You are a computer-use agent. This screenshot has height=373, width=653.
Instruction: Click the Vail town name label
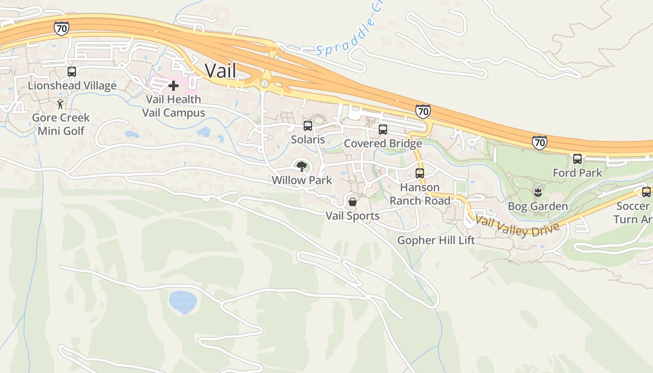(221, 71)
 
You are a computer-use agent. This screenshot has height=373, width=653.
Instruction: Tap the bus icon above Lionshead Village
(72, 72)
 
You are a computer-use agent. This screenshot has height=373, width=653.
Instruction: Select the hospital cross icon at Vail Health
(174, 86)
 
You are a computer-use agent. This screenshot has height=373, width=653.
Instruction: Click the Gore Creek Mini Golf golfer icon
(60, 104)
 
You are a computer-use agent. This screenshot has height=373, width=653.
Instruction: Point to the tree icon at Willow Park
(302, 166)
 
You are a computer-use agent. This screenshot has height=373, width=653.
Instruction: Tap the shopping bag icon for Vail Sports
(353, 202)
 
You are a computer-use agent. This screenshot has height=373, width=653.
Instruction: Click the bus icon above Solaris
(308, 126)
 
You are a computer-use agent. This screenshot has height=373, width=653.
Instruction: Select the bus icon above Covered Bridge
(383, 130)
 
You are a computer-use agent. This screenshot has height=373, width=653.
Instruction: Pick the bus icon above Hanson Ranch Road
(420, 173)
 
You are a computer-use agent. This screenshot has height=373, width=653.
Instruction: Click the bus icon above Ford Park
(577, 159)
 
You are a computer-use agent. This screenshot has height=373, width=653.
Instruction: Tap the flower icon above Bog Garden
(538, 192)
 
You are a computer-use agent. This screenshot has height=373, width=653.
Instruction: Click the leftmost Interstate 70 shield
(61, 28)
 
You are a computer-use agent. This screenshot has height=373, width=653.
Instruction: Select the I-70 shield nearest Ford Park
(539, 142)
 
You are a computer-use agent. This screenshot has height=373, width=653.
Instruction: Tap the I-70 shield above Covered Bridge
(423, 111)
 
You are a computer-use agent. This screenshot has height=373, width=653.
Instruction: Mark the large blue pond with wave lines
(182, 302)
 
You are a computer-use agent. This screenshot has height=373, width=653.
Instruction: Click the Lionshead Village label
(72, 86)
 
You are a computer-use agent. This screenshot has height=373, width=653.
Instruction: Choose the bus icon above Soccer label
(646, 192)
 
